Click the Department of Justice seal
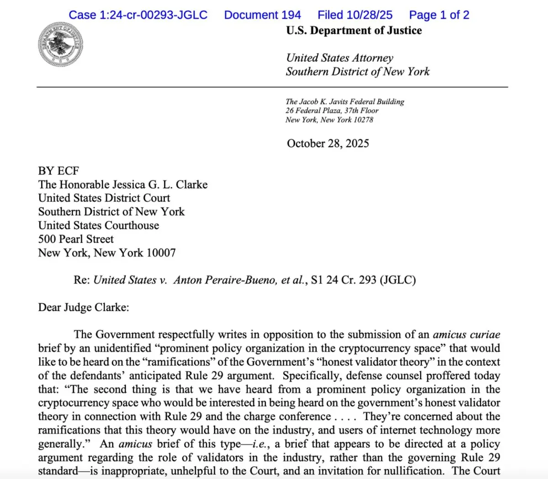60,45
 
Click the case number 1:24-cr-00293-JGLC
138,15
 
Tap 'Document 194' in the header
262,15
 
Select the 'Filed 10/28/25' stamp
355,15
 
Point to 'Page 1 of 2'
439,15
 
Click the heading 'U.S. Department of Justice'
354,31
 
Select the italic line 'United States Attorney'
339,58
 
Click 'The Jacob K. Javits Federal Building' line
345,102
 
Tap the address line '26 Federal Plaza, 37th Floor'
332,111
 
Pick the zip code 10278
364,120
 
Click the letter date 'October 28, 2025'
328,143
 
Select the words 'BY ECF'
58,171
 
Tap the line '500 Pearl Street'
76,239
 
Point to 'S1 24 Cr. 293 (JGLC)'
363,280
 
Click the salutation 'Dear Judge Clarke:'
84,307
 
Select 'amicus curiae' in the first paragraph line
466,335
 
